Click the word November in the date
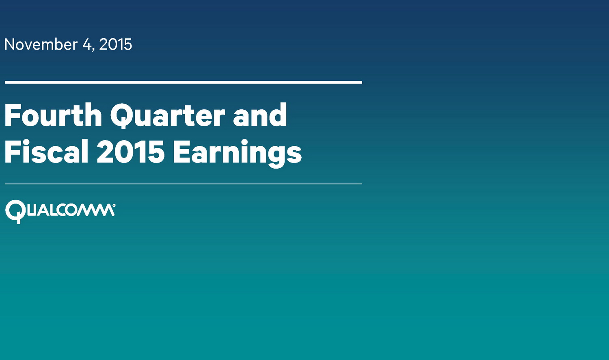[x=41, y=44]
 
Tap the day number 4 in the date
[x=87, y=44]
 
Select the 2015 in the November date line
[x=116, y=44]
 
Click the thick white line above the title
[x=183, y=82]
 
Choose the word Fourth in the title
[x=53, y=115]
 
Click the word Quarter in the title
[x=167, y=116]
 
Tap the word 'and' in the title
[x=260, y=115]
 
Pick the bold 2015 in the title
[x=131, y=152]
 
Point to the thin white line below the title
[x=183, y=184]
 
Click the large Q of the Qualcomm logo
[x=15, y=212]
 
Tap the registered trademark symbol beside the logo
[x=114, y=206]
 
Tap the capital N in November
[x=9, y=44]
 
